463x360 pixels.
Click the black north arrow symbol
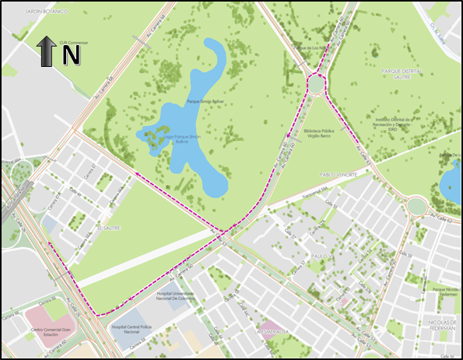point(46,53)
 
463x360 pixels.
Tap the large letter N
point(72,55)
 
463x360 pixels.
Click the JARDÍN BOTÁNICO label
point(47,12)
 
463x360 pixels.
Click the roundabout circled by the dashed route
point(317,81)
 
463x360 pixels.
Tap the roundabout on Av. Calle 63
point(416,206)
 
